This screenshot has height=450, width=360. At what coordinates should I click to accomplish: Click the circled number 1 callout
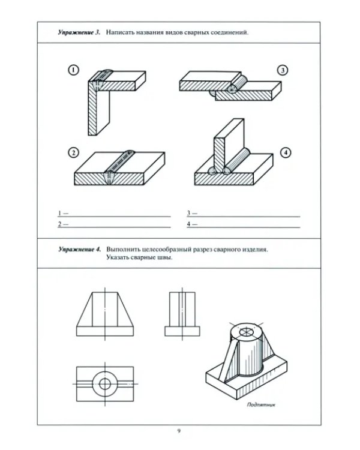(x=73, y=70)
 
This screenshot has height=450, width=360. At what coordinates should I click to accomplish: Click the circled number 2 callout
(x=73, y=152)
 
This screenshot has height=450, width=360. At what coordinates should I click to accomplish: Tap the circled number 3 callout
(x=283, y=70)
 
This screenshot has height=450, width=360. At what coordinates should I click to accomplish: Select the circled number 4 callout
(x=286, y=152)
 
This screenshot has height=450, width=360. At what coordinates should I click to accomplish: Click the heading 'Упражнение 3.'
(x=79, y=32)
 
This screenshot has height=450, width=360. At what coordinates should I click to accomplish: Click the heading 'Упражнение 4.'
(x=80, y=249)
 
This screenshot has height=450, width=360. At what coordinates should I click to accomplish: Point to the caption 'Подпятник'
(x=261, y=404)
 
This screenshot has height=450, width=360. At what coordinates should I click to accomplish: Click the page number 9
(x=179, y=431)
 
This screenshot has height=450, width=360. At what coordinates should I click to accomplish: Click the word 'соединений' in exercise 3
(x=229, y=32)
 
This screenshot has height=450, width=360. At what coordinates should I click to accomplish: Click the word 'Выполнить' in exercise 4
(x=123, y=249)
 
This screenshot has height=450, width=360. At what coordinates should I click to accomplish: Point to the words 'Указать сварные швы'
(x=139, y=257)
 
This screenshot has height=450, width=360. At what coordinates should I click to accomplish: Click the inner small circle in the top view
(x=105, y=379)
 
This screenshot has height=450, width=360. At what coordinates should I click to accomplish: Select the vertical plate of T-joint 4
(x=229, y=145)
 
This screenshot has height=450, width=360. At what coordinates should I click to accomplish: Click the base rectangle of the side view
(x=182, y=331)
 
